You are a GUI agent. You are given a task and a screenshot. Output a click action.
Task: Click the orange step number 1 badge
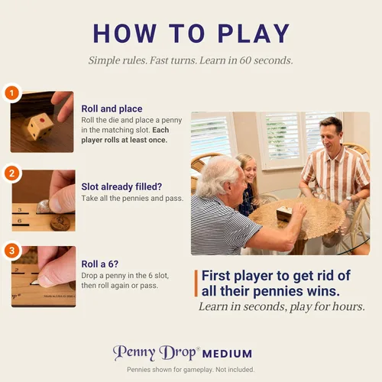pos(11,93)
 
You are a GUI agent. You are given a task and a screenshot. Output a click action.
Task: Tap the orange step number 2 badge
pos(11,173)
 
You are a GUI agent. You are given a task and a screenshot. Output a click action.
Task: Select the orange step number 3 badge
pos(11,251)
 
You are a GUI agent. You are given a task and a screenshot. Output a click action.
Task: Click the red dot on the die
pos(43,120)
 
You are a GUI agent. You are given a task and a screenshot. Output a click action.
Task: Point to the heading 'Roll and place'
pos(112,108)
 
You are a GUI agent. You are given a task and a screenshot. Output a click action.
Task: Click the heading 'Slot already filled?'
pos(121,186)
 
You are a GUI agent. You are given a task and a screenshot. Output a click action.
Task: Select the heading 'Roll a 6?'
pos(100,264)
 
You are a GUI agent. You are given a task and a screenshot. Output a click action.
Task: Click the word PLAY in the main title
pos(254,34)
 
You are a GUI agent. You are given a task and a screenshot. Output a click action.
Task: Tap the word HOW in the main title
pos(125,34)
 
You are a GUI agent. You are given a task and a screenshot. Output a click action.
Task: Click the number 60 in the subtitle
pos(245,60)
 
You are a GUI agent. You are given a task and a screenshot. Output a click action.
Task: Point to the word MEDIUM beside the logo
pos(227,354)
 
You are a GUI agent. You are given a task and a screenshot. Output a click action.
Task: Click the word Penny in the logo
pos(134,353)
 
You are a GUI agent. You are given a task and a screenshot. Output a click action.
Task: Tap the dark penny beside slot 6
pos(60,222)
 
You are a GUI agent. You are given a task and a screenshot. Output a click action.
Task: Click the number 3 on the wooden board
pos(20,210)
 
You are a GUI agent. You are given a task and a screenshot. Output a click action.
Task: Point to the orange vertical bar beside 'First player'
pos(196,283)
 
